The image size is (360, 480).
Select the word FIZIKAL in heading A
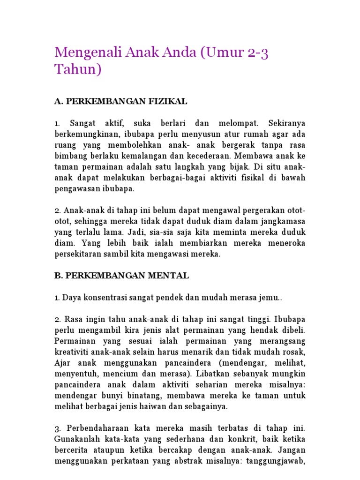(167, 101)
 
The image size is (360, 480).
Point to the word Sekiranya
(287, 124)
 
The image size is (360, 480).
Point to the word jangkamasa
(281, 222)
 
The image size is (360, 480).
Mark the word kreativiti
(75, 352)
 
